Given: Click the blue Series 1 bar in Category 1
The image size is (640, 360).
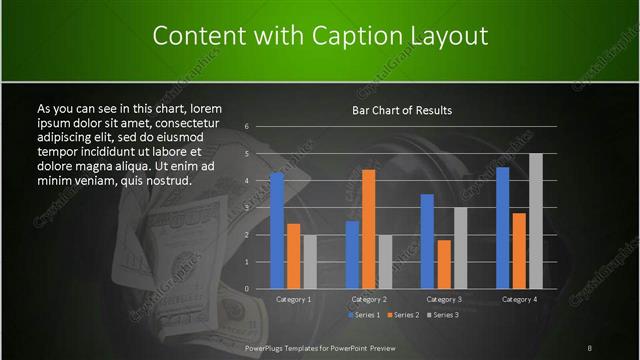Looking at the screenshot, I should coord(277,231).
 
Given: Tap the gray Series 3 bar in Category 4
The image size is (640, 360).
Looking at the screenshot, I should coord(535,221).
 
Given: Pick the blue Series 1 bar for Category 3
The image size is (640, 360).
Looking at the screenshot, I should coord(427,241).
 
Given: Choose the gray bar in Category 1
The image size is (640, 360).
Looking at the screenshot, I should coord(309,262).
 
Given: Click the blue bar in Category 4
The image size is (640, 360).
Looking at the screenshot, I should coord(502,228).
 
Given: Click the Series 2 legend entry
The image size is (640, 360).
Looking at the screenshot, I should coord(402,315).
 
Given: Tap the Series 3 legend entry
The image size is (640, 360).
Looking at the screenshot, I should coord(442,315).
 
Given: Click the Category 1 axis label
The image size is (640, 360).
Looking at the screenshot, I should coord(293,299).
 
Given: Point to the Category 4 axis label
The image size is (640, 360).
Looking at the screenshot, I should coord(519,299).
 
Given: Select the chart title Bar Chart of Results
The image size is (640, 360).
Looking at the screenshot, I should coord(402,109).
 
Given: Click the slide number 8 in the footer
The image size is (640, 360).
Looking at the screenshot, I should coord(590,347).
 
